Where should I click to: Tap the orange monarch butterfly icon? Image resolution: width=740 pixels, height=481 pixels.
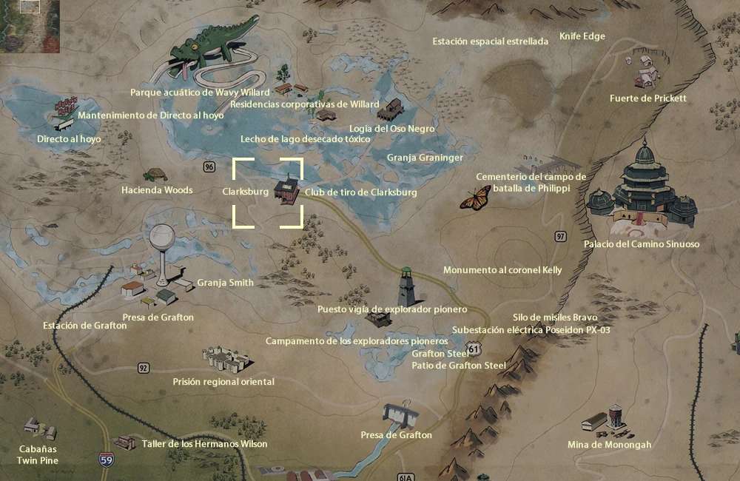(x=476, y=198)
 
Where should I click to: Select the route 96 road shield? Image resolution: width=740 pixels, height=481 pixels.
(x=209, y=166)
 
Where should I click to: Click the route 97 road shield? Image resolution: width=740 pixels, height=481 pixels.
(x=561, y=236)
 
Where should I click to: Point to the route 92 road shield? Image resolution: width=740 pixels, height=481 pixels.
(x=143, y=368)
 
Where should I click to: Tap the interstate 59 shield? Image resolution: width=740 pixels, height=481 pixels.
(x=107, y=460)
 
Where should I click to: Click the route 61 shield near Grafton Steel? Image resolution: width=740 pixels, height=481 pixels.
(x=473, y=348)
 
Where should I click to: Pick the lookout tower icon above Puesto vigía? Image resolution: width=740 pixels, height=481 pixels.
(x=406, y=286)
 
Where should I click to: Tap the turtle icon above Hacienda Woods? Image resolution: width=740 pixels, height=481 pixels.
(x=155, y=175)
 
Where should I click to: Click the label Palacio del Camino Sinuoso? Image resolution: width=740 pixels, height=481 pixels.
(x=641, y=244)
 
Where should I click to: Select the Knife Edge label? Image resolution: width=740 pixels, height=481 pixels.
(x=582, y=36)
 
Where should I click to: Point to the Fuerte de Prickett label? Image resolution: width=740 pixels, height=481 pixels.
(x=648, y=98)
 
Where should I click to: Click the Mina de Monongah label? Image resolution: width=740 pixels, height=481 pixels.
(x=609, y=445)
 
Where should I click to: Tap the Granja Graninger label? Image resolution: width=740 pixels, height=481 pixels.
(x=425, y=158)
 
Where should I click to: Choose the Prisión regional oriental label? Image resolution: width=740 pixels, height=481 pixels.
(x=223, y=382)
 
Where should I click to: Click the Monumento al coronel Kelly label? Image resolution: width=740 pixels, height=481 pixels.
(x=502, y=270)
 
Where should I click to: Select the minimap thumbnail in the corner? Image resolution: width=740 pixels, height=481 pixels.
(x=30, y=27)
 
